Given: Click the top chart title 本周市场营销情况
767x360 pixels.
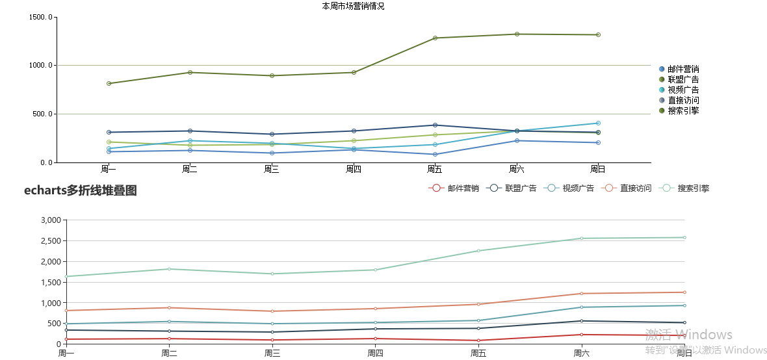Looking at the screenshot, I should pyautogui.click(x=353, y=6).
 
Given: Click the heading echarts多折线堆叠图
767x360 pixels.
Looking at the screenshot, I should pyautogui.click(x=81, y=190).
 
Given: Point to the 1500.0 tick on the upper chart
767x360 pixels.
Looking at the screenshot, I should pyautogui.click(x=41, y=17).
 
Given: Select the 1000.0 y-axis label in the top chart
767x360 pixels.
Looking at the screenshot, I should pyautogui.click(x=41, y=65).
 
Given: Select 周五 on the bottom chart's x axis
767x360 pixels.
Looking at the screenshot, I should pyautogui.click(x=478, y=354).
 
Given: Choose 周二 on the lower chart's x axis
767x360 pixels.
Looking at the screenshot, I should pyautogui.click(x=169, y=354).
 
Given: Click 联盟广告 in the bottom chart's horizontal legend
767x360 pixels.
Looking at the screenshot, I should pyautogui.click(x=521, y=188).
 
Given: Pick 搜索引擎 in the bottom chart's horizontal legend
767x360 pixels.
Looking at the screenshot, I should pyautogui.click(x=693, y=188).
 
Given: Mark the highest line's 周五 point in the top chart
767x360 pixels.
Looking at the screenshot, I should pyautogui.click(x=435, y=38).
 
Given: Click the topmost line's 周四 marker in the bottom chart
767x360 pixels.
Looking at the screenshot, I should pyautogui.click(x=375, y=270).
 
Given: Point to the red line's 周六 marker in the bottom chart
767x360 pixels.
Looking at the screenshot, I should pyautogui.click(x=582, y=335).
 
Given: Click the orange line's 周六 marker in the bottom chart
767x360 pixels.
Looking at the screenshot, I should pyautogui.click(x=582, y=294).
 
